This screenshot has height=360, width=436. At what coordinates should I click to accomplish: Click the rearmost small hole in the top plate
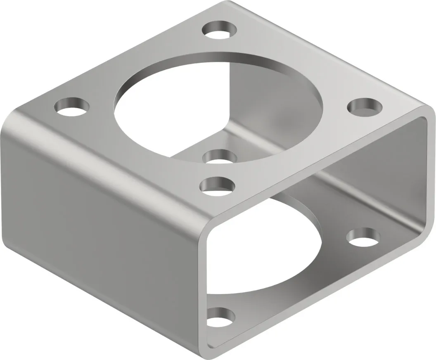(x=220, y=30)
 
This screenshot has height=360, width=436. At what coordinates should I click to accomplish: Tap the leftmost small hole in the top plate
(x=72, y=106)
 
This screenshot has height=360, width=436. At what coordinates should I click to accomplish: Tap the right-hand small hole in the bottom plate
(x=363, y=236)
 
